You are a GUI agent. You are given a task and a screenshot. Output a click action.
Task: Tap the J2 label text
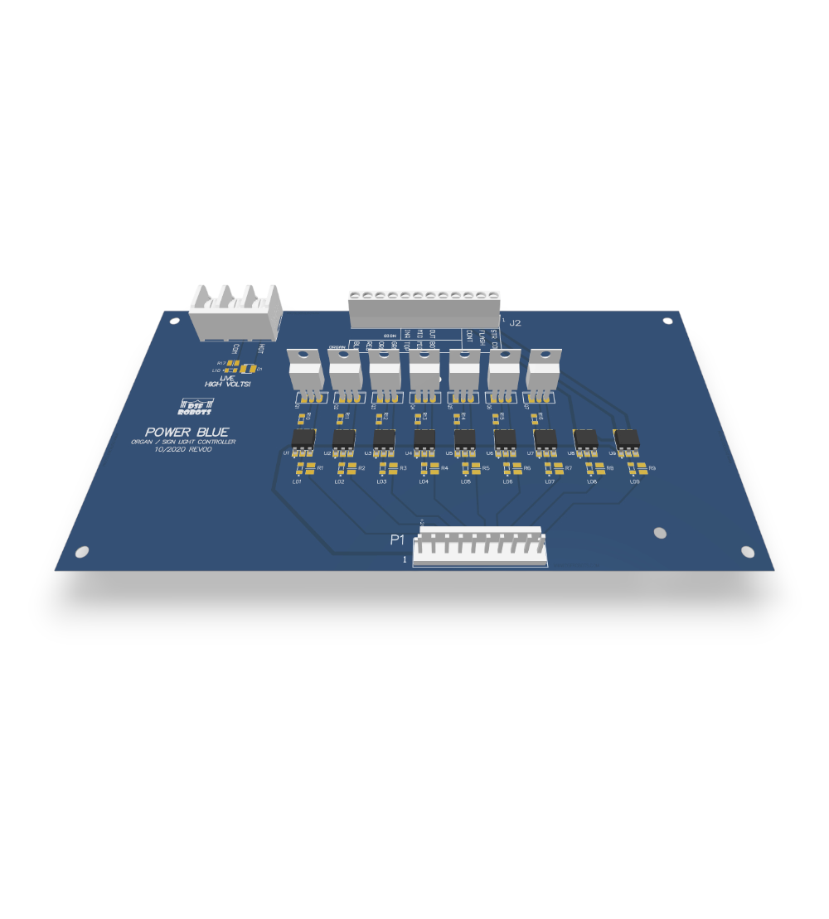(x=516, y=322)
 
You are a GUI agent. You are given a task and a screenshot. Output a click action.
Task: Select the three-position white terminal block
(x=235, y=312)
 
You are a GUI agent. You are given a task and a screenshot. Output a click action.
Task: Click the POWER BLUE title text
(x=187, y=432)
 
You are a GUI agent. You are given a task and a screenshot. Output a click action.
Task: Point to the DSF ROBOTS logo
(x=195, y=406)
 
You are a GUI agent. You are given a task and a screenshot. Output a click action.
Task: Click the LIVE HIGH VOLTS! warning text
(x=227, y=381)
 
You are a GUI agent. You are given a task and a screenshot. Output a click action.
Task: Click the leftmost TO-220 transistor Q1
(x=303, y=370)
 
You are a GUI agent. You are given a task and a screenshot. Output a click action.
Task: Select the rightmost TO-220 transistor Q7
(x=543, y=370)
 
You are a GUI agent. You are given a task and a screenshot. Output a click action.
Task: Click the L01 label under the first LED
(x=296, y=481)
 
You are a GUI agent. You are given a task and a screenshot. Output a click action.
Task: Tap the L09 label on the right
(x=634, y=481)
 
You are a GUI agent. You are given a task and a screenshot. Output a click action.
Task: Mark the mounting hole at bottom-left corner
(x=82, y=551)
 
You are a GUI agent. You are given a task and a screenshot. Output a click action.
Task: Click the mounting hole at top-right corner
(x=667, y=321)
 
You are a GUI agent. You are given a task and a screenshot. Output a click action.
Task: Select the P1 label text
(x=397, y=540)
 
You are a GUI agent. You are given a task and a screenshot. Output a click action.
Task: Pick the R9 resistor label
(x=652, y=469)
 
